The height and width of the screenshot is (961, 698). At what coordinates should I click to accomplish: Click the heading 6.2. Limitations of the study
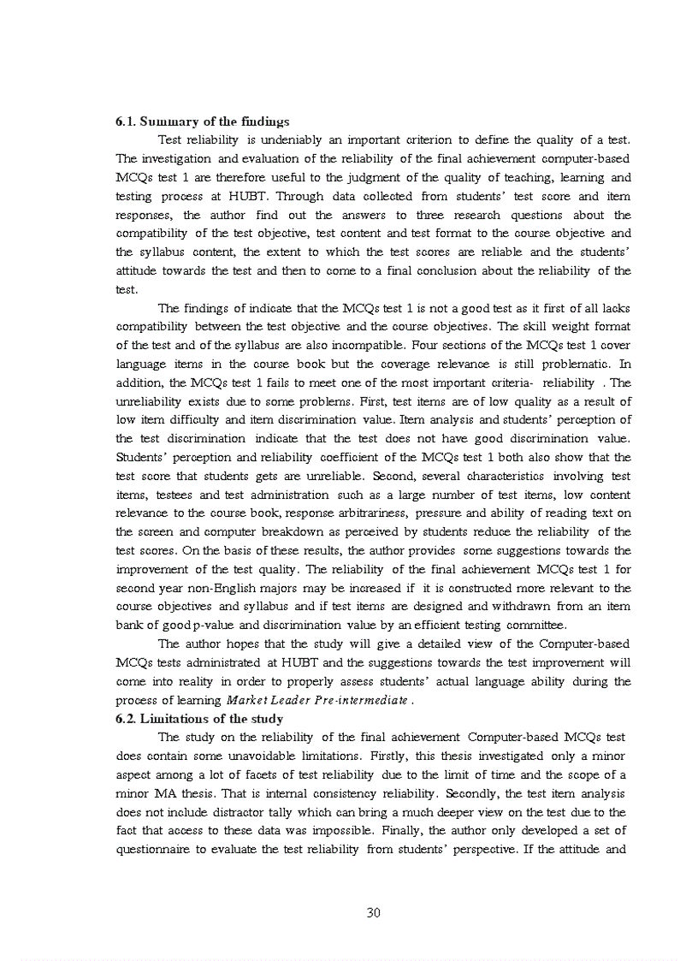[x=199, y=718]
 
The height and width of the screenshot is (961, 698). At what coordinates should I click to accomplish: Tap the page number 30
[x=373, y=912]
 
